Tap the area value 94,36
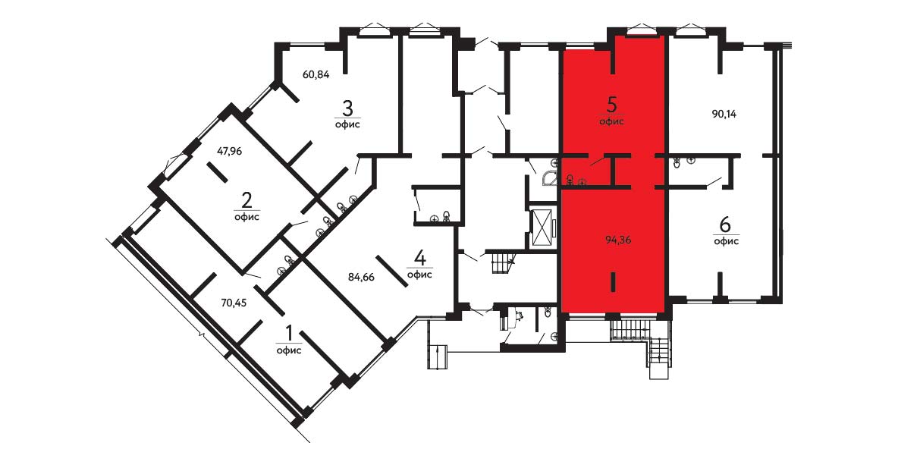tap(618, 240)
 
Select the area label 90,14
tap(724, 114)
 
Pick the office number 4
tap(419, 259)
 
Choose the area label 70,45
tap(234, 303)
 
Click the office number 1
tap(289, 333)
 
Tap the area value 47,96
tap(230, 152)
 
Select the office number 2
tap(246, 200)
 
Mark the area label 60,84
tap(316, 74)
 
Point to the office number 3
tap(347, 107)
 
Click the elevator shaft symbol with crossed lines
tap(542, 228)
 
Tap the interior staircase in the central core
tap(504, 263)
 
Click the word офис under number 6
tap(726, 242)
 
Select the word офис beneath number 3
tap(347, 124)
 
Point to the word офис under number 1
tap(289, 350)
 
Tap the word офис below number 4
tap(419, 275)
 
